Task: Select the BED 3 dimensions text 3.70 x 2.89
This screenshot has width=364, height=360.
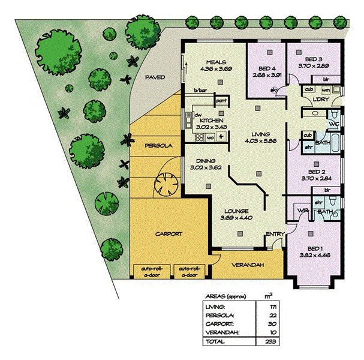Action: click(314, 67)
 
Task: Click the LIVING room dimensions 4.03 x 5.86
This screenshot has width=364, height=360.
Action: click(261, 141)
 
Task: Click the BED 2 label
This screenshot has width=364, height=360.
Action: click(314, 171)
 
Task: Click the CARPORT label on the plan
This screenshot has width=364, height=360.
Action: click(169, 234)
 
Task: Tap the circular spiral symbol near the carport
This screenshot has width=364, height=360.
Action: click(165, 184)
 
